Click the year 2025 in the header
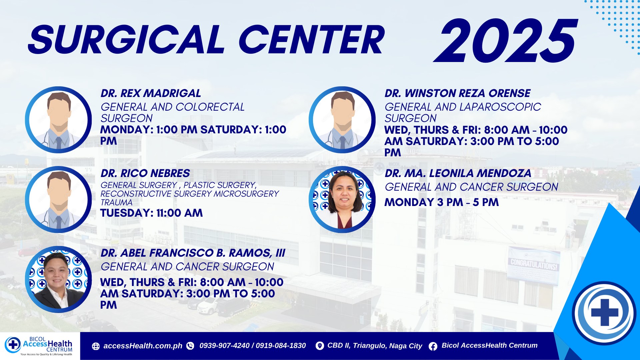pos(505,41)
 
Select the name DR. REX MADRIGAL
pos(151,93)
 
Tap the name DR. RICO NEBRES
pos(145,173)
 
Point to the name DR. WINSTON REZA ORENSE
pos(458,93)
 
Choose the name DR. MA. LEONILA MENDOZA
pos(458,173)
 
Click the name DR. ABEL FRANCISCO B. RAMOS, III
pos(193,253)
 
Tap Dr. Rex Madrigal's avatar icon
pos(58,120)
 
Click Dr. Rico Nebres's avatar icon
pos(58,199)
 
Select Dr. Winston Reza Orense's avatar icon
pos(342,120)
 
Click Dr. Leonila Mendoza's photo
pos(342,199)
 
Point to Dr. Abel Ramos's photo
pos(58,279)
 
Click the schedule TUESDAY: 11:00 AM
pos(152,213)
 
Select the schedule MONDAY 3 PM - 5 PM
pos(442,202)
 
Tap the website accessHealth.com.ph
pos(143,346)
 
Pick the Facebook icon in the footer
pos(433,346)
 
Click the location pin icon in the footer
pos(319,346)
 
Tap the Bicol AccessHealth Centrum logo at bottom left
pos(39,346)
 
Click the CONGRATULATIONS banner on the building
pos(533,265)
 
